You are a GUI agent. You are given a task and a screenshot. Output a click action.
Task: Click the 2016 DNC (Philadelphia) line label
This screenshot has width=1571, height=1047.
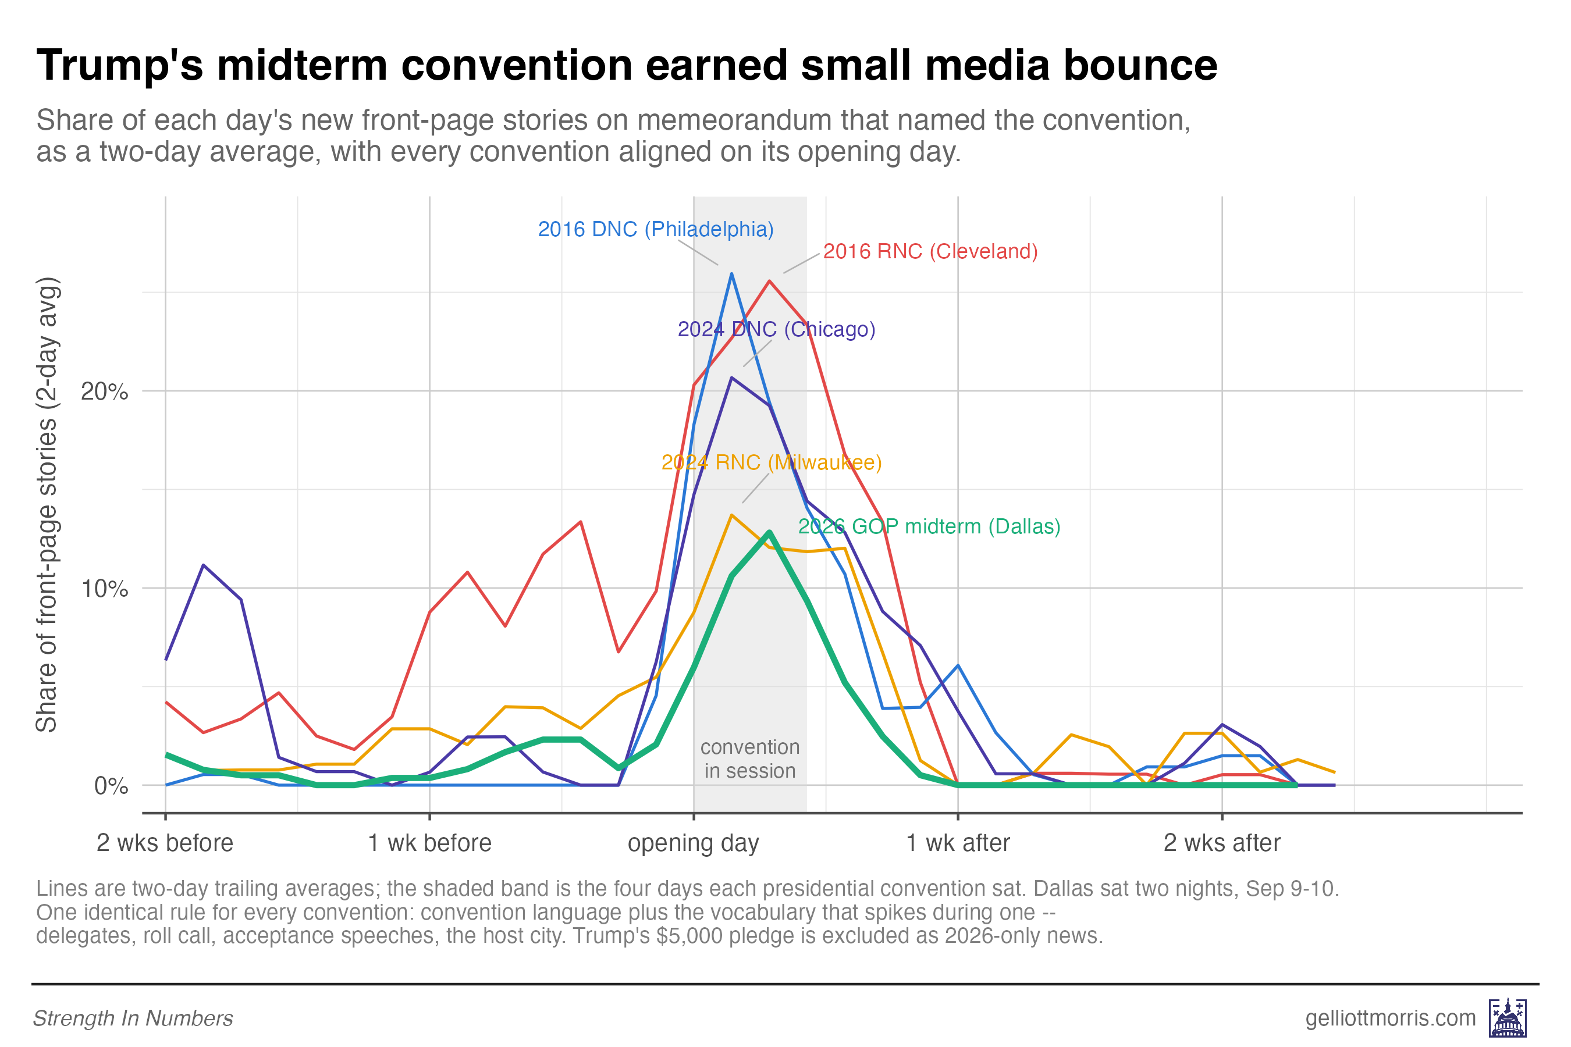(x=655, y=229)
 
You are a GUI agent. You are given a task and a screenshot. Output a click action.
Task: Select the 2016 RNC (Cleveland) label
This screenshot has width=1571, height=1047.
(x=930, y=251)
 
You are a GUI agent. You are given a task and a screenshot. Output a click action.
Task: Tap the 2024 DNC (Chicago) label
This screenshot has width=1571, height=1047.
(x=776, y=329)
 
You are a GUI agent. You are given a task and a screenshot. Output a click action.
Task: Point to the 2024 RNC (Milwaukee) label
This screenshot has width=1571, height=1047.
(x=772, y=462)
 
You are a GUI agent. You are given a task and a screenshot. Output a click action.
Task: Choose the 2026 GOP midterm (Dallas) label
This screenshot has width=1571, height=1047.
(x=929, y=526)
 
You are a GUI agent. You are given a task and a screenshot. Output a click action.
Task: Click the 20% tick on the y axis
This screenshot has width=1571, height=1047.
(x=104, y=391)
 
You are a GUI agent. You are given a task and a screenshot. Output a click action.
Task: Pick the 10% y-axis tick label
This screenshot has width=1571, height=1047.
(x=104, y=589)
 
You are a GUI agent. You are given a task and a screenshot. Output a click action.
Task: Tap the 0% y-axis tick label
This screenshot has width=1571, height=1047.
(x=111, y=786)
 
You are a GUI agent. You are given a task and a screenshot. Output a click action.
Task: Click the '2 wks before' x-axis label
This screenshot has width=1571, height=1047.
(x=165, y=843)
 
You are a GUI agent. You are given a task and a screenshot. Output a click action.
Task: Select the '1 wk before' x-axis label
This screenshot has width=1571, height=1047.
(x=429, y=843)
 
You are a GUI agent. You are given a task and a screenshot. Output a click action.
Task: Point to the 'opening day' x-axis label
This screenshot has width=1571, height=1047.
(x=694, y=844)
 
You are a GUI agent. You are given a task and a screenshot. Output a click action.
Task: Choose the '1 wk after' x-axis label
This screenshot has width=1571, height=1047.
(x=958, y=843)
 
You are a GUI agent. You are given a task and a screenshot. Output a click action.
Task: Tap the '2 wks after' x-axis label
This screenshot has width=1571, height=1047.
(x=1222, y=843)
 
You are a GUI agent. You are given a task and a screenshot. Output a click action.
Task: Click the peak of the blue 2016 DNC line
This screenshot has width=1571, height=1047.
(x=731, y=274)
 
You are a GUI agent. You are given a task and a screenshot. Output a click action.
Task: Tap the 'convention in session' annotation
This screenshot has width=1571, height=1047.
(x=750, y=758)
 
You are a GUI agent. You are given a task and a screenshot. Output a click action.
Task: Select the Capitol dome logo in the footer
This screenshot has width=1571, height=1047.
(x=1508, y=1017)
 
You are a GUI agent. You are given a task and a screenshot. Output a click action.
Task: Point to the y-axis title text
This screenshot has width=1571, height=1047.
(x=47, y=505)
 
